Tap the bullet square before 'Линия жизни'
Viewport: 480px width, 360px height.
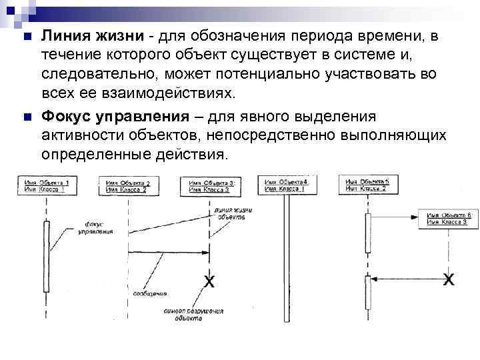pos(26,35)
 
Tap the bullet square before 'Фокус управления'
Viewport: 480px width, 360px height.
pos(26,118)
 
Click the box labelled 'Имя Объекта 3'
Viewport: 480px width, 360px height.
pos(209,186)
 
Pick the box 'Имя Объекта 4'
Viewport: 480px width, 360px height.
pos(286,185)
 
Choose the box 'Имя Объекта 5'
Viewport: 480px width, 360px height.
pos(366,185)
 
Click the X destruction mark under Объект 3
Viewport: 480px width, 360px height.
pos(209,282)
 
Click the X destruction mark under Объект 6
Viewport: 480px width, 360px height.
pos(449,278)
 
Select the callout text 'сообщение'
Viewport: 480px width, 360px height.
pos(150,293)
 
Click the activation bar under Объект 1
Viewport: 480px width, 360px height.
pos(46,256)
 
